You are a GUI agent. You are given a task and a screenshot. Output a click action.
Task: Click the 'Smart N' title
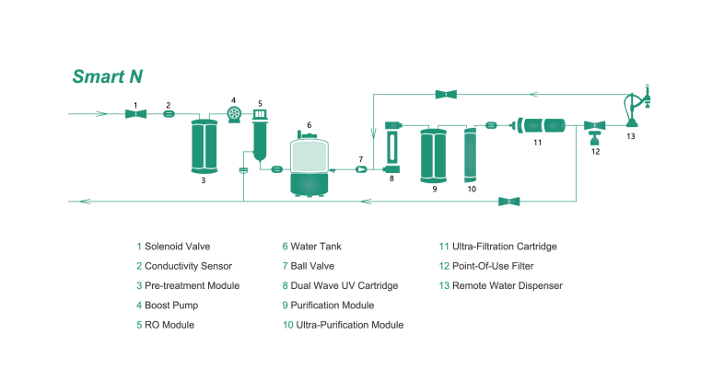pyautogui.click(x=108, y=76)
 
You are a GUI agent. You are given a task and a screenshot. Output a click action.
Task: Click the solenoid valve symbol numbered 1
pyautogui.click(x=135, y=114)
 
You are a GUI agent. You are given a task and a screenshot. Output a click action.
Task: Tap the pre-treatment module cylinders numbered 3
pyautogui.click(x=204, y=145)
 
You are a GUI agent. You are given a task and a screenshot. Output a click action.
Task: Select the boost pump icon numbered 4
pyautogui.click(x=235, y=112)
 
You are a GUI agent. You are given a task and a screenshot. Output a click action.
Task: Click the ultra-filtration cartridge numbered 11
pyautogui.click(x=542, y=124)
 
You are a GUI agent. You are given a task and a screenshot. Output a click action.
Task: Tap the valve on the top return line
pyautogui.click(x=448, y=93)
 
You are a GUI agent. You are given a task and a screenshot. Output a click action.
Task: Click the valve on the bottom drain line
pyautogui.click(x=508, y=201)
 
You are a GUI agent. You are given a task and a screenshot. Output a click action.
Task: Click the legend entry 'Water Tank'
pyautogui.click(x=316, y=247)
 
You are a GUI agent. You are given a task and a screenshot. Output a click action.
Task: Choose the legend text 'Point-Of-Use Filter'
pyautogui.click(x=498, y=266)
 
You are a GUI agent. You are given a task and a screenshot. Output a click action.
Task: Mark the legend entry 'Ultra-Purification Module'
pyautogui.click(x=346, y=325)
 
